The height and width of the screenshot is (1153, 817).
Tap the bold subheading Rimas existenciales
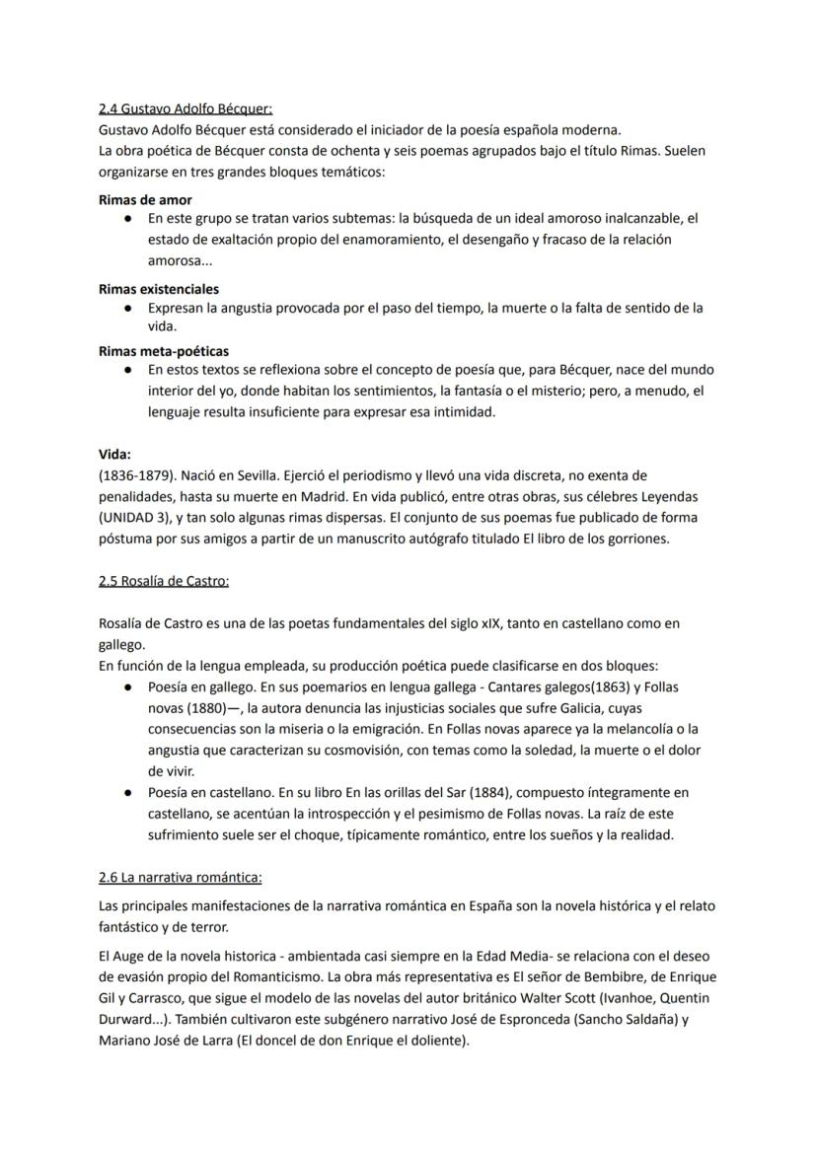click(159, 289)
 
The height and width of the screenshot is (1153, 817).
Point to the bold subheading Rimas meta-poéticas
click(163, 350)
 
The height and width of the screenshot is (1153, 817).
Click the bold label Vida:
click(114, 455)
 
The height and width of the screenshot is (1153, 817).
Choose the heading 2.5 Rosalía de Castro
click(164, 581)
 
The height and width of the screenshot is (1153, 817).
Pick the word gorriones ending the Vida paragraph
click(633, 538)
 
